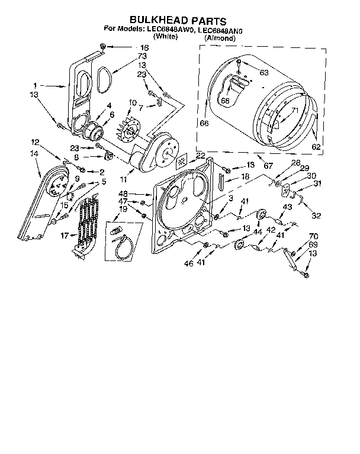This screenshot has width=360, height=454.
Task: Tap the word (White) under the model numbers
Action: point(166,37)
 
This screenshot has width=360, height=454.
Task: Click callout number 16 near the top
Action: point(144,47)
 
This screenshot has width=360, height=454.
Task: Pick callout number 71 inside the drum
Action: point(294,111)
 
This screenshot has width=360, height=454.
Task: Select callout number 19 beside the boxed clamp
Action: point(123,208)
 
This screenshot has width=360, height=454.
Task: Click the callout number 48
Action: point(140,194)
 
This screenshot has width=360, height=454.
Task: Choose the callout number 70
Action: point(314,236)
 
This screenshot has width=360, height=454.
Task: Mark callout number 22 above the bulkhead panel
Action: point(200,156)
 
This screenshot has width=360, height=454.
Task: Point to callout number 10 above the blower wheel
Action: point(132,102)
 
